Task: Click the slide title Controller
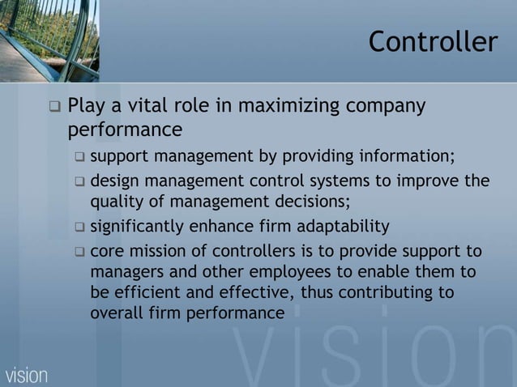click(433, 42)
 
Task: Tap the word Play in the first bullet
click(86, 106)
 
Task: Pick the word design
click(113, 181)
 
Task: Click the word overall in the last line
click(113, 313)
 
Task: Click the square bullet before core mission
click(79, 252)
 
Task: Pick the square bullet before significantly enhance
click(79, 227)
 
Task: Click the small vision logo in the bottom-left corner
click(26, 375)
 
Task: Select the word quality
click(113, 202)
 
